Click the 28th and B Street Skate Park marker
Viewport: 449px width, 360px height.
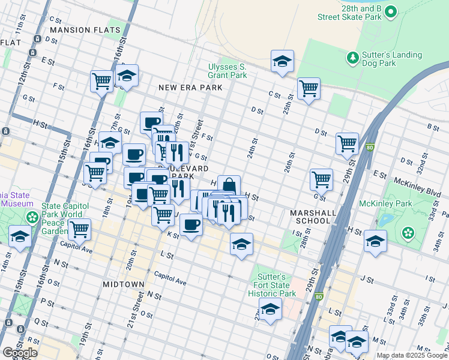391,11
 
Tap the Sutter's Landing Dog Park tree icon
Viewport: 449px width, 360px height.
352,58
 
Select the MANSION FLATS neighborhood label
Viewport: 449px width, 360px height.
85,29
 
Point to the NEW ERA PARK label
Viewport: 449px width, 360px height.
190,88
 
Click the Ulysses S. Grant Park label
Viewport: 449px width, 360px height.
227,71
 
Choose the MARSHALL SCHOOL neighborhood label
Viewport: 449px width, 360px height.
310,217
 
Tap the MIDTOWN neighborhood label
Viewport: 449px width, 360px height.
123,284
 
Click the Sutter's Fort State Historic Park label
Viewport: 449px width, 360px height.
272,285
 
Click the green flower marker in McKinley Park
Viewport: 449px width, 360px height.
408,232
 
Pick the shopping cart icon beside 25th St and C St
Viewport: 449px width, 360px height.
309,88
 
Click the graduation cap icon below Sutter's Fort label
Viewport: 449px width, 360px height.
270,309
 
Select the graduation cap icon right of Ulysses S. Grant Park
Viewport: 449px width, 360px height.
282,61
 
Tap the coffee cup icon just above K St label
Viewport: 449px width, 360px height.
191,225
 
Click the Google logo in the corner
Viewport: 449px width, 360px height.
20,353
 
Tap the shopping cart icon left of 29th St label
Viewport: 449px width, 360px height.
347,143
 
